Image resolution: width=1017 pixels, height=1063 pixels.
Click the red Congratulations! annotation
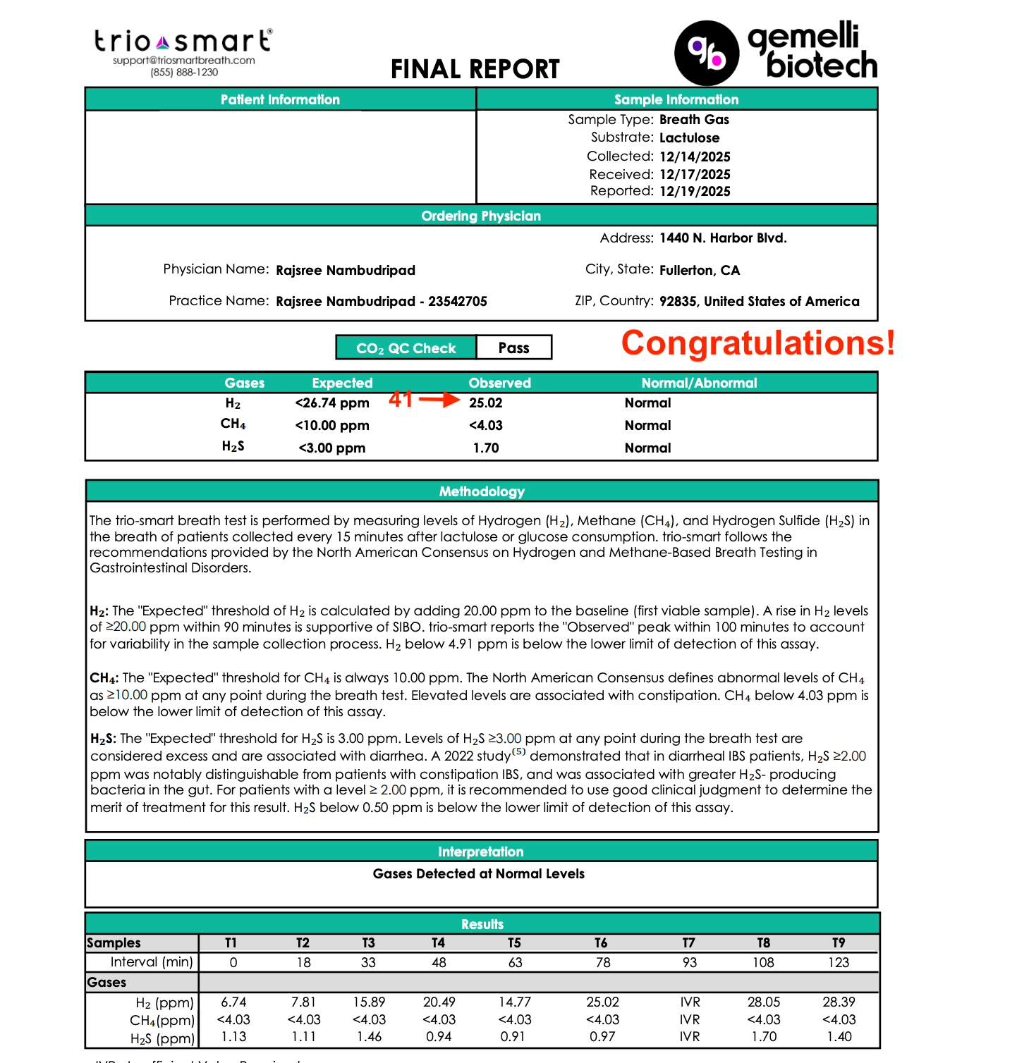pos(757,343)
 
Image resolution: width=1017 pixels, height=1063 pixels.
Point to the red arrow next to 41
pos(439,400)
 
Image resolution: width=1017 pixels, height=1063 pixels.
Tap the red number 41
pos(401,400)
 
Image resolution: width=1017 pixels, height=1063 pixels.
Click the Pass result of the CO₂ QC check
pos(513,348)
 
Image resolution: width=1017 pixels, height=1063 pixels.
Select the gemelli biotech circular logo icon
pos(707,53)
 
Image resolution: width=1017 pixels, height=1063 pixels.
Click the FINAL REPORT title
pos(475,69)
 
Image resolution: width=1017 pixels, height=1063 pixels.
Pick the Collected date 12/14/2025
pos(695,156)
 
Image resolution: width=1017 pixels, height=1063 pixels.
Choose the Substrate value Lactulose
pos(689,138)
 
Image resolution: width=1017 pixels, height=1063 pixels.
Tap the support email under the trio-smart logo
pos(183,61)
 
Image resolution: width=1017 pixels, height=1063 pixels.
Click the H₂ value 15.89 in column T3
pos(369,1002)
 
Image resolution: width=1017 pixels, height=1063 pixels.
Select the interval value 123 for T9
pos(838,962)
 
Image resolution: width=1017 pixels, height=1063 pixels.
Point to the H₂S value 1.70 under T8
pos(764,1037)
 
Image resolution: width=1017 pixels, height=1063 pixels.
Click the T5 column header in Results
pos(514,943)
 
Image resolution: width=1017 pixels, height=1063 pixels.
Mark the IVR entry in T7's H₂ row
pos(690,1002)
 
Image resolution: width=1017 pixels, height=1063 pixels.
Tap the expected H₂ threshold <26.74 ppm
pos(332,403)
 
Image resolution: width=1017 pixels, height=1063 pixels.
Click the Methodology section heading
pos(482,491)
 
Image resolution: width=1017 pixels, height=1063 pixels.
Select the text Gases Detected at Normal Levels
pos(478,874)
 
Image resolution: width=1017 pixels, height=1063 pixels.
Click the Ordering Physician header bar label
pos(481,216)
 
